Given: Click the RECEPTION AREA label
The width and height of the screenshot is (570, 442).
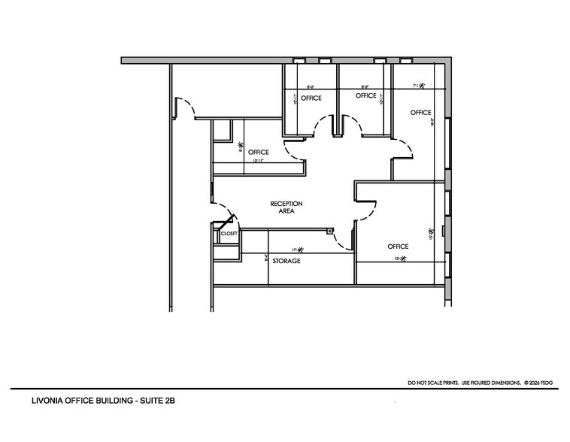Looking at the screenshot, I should coord(286,207).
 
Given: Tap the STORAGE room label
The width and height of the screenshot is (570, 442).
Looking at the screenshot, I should coord(287,261).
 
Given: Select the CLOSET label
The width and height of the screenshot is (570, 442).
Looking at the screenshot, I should coord(229,234).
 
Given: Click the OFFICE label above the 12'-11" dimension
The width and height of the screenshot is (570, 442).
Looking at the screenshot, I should coord(258,153).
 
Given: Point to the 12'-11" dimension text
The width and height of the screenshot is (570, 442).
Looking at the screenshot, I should coord(258,161).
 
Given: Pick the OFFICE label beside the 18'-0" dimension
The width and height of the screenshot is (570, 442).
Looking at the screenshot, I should coord(420,113).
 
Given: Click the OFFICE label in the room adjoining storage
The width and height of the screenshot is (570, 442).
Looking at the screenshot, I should coord(398,247).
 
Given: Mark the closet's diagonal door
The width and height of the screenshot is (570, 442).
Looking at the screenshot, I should coord(223,225).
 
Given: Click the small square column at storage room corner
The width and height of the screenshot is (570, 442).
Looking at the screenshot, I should coord(329,232).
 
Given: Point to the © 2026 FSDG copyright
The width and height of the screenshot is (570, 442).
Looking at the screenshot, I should coord(543,383).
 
